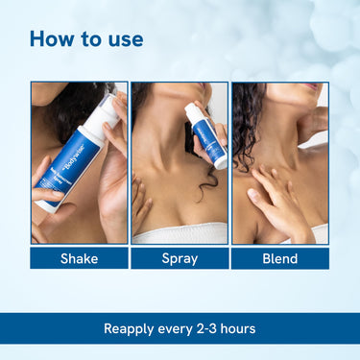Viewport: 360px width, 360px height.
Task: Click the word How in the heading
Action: [51, 39]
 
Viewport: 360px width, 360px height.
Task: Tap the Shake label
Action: [79, 258]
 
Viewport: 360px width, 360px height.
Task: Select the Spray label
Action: [180, 258]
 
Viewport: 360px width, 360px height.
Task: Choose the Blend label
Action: [279, 258]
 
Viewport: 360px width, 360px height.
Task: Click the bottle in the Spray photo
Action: [210, 139]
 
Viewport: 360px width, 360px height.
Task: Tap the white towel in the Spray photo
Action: [180, 232]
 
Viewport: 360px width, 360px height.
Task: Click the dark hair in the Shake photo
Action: [67, 110]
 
